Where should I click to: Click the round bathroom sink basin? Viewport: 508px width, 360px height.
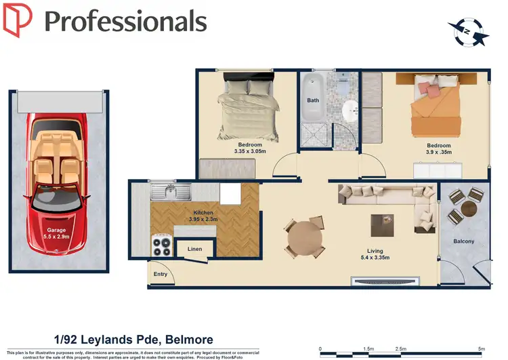350,109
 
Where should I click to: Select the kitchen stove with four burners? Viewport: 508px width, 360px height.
163,245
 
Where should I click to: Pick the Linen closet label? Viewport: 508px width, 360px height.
194,249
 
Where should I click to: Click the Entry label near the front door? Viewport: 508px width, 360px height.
161,274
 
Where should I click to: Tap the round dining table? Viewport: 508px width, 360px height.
305,237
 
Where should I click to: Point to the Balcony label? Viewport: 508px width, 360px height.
463,241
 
